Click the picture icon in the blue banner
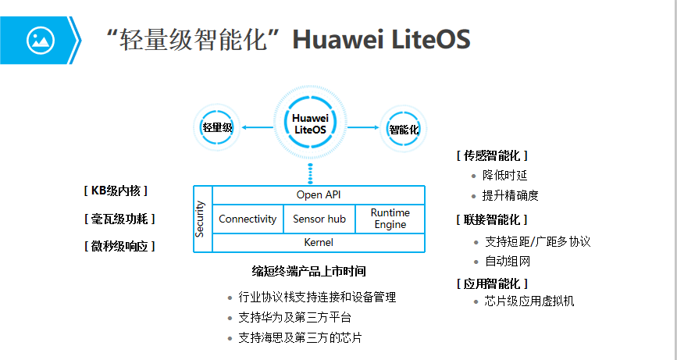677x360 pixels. [x=41, y=39]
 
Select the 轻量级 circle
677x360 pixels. [x=217, y=127]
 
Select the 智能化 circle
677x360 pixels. [x=403, y=129]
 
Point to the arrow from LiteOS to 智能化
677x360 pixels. [x=362, y=127]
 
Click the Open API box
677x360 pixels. [x=318, y=194]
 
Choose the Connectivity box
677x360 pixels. [x=248, y=219]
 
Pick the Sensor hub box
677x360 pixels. [x=319, y=219]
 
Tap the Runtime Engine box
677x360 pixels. [x=390, y=219]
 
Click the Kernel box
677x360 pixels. [x=318, y=242]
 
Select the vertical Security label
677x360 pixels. [x=201, y=219]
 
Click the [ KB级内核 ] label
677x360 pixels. [x=115, y=191]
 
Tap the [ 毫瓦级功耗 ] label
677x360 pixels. [x=119, y=219]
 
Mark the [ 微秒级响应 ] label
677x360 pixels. [x=119, y=246]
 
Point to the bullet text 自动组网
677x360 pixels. [x=508, y=262]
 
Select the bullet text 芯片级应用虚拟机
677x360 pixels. [x=529, y=301]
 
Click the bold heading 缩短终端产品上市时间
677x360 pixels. [x=309, y=272]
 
